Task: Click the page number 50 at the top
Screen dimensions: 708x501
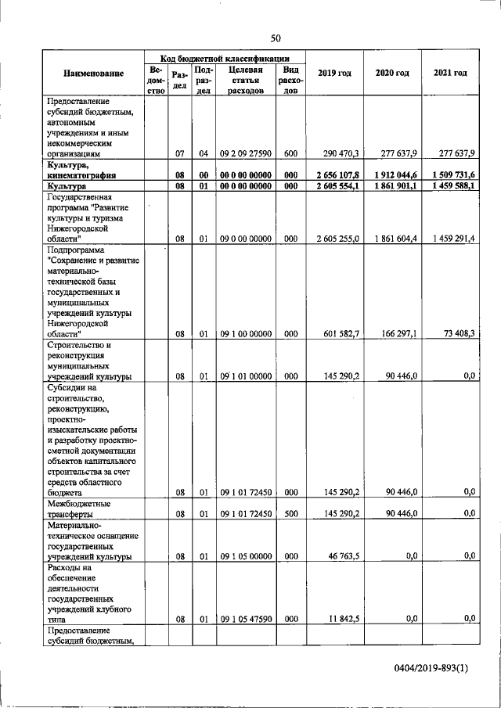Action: tap(275, 38)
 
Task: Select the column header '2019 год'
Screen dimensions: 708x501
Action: tap(334, 74)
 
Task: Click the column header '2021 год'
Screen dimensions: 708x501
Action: tap(450, 74)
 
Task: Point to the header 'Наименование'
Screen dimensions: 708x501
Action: tap(94, 74)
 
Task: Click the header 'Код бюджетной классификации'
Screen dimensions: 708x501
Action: tap(225, 58)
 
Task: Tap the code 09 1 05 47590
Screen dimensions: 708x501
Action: tap(246, 619)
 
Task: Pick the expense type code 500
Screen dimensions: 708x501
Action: tap(291, 514)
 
